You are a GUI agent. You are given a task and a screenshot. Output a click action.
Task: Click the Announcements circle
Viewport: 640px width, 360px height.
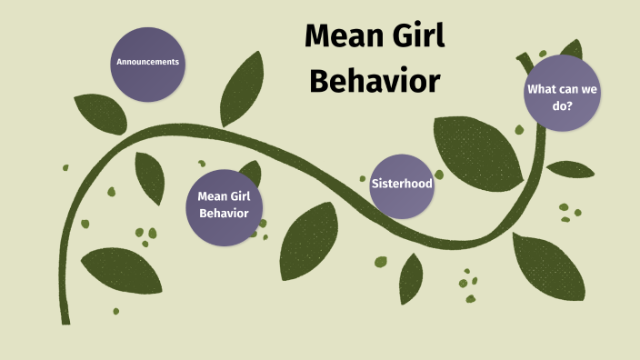(148, 63)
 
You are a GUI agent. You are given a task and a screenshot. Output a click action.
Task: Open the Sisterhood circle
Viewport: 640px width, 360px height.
(402, 185)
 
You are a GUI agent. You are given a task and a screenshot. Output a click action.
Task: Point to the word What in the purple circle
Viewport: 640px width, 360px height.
(544, 89)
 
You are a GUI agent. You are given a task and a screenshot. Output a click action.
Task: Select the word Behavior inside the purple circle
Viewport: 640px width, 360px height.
(224, 214)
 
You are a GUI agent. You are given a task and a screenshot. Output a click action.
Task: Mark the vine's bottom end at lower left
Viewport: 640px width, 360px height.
(65, 318)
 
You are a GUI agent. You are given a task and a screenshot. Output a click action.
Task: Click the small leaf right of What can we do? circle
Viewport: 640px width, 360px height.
(570, 169)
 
